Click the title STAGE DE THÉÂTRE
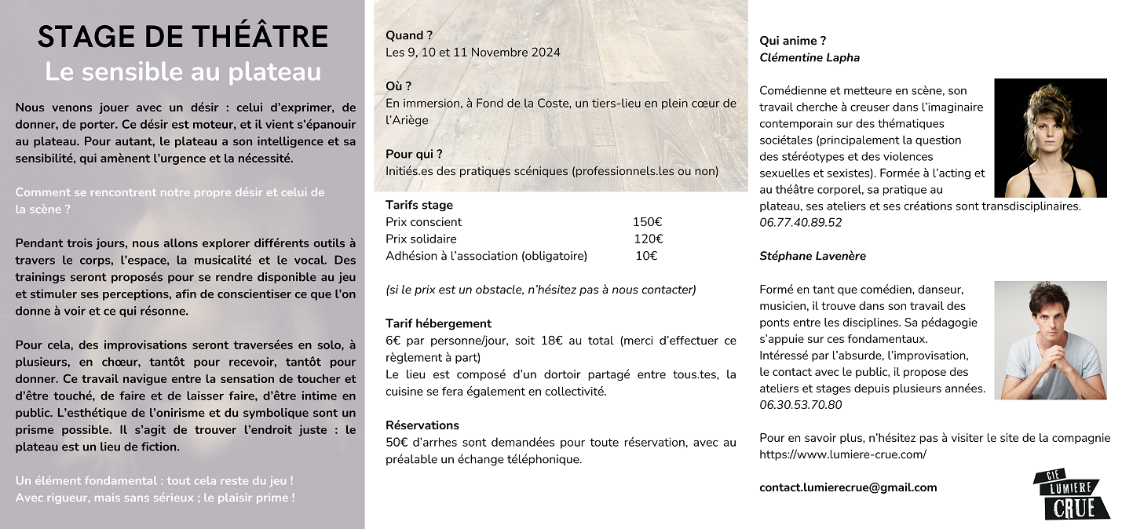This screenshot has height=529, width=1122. [x=182, y=38]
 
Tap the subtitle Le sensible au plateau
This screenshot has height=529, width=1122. [x=182, y=71]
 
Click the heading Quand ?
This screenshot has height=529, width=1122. [x=409, y=35]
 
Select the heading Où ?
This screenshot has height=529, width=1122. [x=399, y=86]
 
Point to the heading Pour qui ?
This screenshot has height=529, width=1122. [x=414, y=154]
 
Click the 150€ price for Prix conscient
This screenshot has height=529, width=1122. [x=647, y=222]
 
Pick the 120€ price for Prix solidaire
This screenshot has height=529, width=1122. [x=648, y=239]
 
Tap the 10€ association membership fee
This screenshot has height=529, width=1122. [x=645, y=256]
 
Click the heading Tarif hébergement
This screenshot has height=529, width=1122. [x=438, y=323]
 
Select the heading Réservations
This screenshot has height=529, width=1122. [x=422, y=425]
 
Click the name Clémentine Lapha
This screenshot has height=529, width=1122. [x=810, y=57]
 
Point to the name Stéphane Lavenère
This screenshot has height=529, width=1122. [x=813, y=256]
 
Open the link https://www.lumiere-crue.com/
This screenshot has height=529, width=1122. [x=842, y=454]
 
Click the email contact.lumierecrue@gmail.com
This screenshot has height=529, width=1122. [x=848, y=487]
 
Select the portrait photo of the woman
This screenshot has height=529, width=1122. [x=1050, y=138]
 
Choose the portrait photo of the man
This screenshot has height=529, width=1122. [x=1050, y=340]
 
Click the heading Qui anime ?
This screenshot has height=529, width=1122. [x=792, y=41]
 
